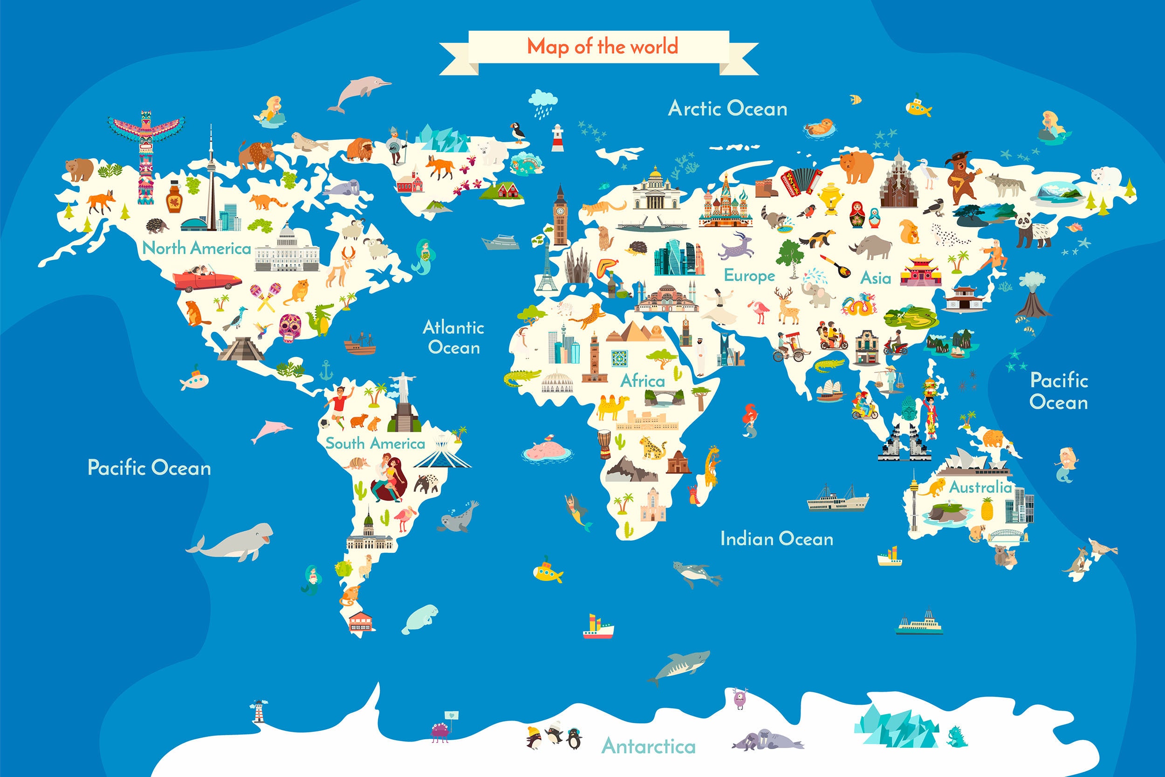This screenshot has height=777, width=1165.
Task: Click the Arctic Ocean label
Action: [x=727, y=109]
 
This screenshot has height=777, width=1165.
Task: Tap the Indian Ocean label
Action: [x=776, y=539]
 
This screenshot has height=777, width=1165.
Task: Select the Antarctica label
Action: [x=648, y=746]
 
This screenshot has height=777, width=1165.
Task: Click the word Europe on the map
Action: [x=749, y=275]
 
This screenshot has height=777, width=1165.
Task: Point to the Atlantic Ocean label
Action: [x=454, y=337]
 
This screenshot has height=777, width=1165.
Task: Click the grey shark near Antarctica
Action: [x=678, y=667]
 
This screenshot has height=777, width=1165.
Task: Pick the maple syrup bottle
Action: [x=173, y=196]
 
